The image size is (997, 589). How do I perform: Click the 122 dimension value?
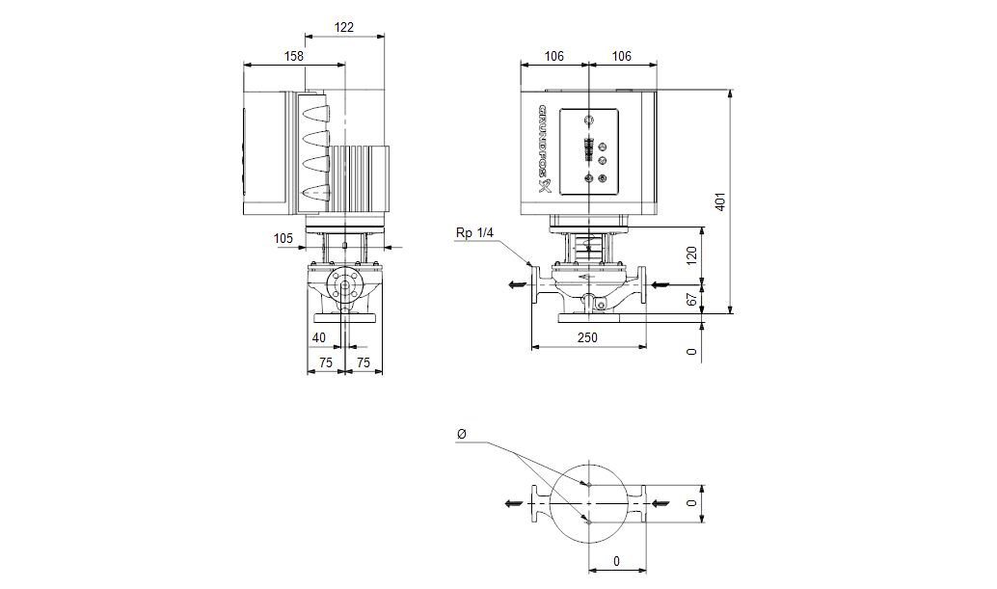[x=344, y=27]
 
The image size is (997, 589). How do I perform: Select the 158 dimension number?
[x=294, y=56]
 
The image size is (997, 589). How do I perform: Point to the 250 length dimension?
[x=587, y=337]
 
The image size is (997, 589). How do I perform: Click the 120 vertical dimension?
[x=691, y=256]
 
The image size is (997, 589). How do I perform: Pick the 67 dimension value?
[x=691, y=300]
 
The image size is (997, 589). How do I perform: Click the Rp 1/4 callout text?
[x=473, y=232]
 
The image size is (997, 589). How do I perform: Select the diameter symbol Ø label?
[x=461, y=436]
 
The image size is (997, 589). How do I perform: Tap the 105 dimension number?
[x=283, y=237]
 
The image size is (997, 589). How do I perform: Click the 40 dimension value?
[x=319, y=337]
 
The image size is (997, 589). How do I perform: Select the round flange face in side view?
[x=345, y=284]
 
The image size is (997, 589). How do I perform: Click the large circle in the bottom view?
[x=588, y=502]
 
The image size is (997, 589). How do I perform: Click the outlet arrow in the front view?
[x=516, y=284]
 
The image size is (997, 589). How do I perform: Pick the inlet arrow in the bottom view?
[x=660, y=502]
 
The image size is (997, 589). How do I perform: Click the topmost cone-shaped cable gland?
[x=316, y=114]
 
